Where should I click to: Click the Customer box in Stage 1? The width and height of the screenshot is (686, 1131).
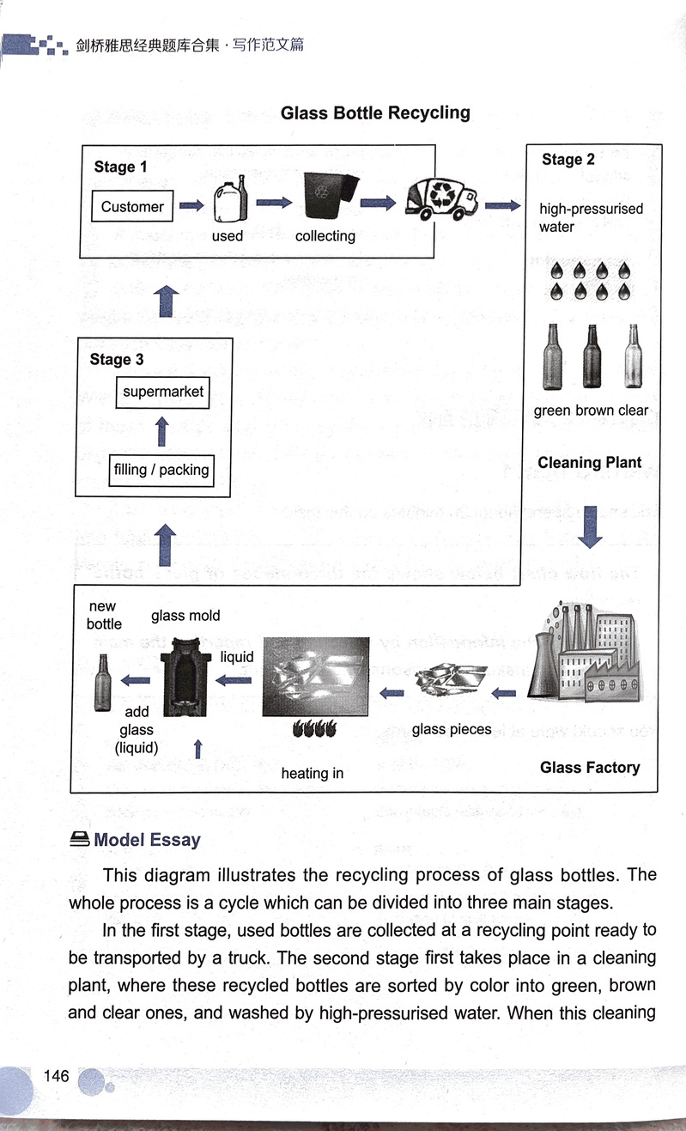click(x=132, y=206)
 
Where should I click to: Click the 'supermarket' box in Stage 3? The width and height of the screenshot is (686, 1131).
click(x=163, y=392)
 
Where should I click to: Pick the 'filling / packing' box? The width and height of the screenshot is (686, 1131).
click(x=161, y=470)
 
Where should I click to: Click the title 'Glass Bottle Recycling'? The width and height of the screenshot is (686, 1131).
click(x=375, y=112)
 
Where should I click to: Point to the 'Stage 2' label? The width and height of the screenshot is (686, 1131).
click(x=568, y=160)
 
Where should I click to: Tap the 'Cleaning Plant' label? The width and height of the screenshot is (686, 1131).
click(x=589, y=463)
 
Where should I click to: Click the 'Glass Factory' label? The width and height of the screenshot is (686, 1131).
click(x=590, y=767)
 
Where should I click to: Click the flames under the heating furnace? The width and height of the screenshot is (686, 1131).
click(x=314, y=729)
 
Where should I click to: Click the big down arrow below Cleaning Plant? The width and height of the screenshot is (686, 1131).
click(x=591, y=526)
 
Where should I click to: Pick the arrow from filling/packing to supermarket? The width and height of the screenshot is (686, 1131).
click(x=162, y=431)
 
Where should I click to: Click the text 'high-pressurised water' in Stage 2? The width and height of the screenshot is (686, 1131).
click(x=591, y=217)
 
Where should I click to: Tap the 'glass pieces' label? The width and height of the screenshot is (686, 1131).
click(x=452, y=729)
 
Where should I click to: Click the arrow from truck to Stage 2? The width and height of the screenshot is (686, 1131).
click(x=502, y=206)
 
